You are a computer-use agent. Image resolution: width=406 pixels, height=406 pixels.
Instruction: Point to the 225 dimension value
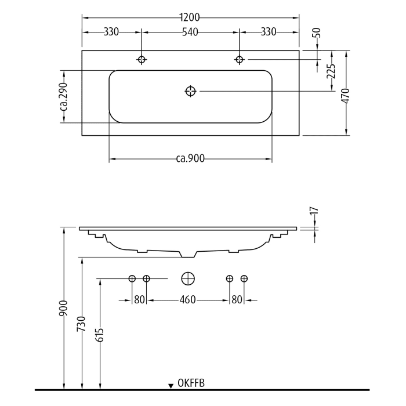(331, 71)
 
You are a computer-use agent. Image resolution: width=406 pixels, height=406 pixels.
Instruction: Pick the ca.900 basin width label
(191, 159)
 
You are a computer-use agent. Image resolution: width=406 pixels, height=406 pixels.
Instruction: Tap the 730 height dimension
(81, 324)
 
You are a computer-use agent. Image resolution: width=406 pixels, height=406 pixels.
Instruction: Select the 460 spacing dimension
(187, 300)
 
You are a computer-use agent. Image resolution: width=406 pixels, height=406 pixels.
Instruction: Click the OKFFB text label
(191, 383)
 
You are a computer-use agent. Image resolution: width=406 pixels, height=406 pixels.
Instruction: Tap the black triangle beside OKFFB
(171, 385)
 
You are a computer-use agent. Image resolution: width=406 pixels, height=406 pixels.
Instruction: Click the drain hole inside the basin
(191, 91)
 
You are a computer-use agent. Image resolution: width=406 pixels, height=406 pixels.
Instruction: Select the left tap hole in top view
(142, 59)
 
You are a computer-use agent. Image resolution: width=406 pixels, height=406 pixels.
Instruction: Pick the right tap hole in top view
(239, 59)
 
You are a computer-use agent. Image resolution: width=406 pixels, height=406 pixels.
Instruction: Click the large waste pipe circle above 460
(187, 279)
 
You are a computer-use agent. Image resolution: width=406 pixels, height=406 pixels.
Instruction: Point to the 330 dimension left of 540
(111, 32)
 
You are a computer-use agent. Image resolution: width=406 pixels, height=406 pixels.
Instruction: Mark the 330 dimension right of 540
(269, 32)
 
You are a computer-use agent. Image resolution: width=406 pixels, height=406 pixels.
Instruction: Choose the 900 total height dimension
(63, 308)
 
